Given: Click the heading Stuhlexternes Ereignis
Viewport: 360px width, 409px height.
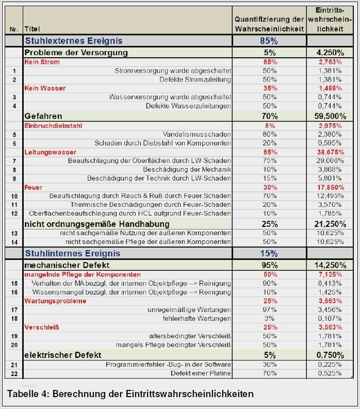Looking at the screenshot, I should coord(73,41).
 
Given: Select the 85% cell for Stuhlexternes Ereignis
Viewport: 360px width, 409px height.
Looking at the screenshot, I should coord(269,41).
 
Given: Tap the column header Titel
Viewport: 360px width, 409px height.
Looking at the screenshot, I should coord(32,29).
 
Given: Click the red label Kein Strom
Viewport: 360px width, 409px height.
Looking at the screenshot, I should coord(42,62).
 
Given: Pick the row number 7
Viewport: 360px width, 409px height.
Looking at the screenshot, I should coord(14,161).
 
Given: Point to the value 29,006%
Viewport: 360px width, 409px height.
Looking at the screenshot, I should coord(330,161).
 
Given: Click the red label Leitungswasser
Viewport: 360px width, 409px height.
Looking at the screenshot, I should coord(50,152).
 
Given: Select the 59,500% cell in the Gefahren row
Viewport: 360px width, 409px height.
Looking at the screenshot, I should coord(330,116).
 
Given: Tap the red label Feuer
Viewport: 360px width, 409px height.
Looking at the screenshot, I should coord(33,187).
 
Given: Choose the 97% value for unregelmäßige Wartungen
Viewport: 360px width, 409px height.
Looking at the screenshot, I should coord(269,309).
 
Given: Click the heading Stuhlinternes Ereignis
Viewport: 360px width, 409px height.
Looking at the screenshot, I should coord(72,253).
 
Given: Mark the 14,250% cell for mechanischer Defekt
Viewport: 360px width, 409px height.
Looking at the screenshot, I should coord(330,265).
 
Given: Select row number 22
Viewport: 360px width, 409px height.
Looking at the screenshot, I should coord(14,373).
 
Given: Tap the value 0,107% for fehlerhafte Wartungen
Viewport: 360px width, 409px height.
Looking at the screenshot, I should coord(330,318).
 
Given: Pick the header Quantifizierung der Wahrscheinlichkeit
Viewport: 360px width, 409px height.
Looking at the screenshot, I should coord(269,24).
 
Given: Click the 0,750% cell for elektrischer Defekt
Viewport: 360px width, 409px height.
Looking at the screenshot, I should coord(330,355).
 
